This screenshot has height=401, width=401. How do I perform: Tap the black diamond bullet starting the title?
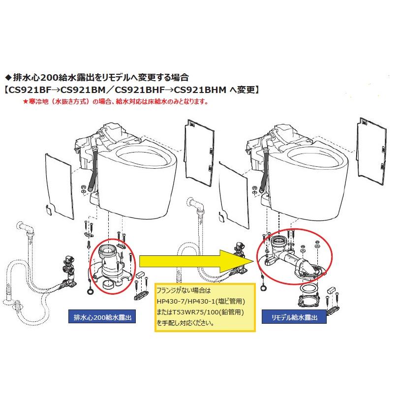7,78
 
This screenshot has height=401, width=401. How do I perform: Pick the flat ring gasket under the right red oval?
308,288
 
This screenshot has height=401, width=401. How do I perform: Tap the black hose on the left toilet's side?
93,167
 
